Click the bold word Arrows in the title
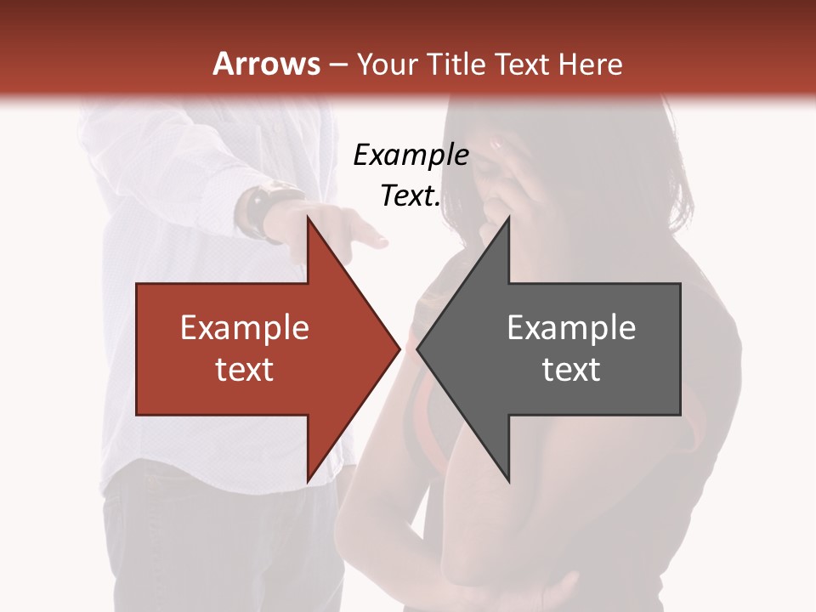[x=266, y=64]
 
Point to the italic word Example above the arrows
[x=411, y=155]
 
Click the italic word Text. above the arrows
[x=411, y=195]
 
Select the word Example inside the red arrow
[x=245, y=327]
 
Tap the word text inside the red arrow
[x=245, y=369]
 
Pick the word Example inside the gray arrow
[x=571, y=327]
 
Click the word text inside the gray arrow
[x=571, y=369]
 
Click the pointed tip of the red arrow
[x=399, y=348]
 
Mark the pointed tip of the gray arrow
[x=417, y=348]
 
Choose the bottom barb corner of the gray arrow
[x=508, y=480]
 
